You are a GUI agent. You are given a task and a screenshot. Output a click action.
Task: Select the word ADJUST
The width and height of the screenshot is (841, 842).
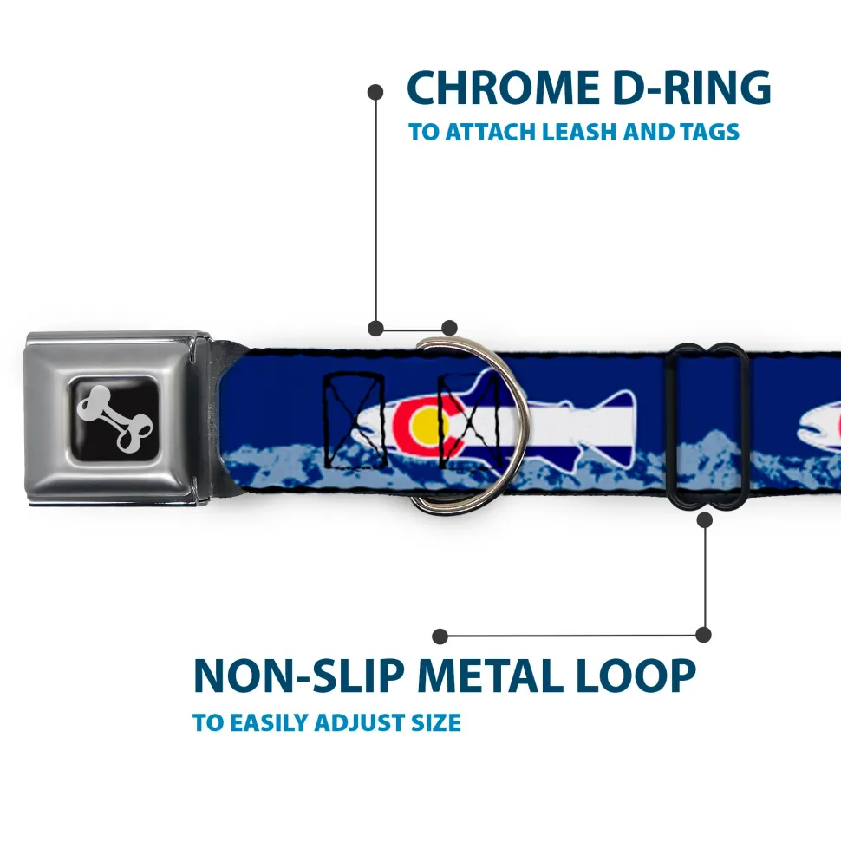pyautogui.click(x=358, y=722)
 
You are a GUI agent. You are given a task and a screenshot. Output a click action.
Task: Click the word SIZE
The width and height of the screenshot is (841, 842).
pyautogui.click(x=435, y=722)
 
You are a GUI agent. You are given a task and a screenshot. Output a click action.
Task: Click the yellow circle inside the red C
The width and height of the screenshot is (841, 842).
pyautogui.click(x=424, y=425)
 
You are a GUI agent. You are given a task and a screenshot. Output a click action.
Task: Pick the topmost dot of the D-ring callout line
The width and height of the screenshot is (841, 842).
pyautogui.click(x=375, y=91)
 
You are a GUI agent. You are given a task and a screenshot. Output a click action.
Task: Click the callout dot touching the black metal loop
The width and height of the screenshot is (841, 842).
pyautogui.click(x=704, y=519)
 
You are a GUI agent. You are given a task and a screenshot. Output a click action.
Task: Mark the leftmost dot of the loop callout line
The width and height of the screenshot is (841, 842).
pyautogui.click(x=441, y=636)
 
